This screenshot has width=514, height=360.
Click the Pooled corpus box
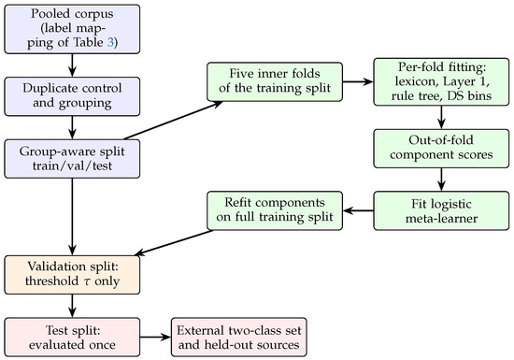pos(72,29)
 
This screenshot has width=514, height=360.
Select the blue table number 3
pos(110,43)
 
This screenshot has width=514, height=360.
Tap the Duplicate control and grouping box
pos(72,96)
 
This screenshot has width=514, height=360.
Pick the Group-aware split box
pos(72,159)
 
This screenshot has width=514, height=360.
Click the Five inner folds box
pos(275,81)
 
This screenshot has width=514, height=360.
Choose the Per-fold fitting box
pos(441,81)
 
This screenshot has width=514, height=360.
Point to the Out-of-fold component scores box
pos(441,149)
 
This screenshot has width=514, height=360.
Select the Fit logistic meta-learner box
pos(441,210)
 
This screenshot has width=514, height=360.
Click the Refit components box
pos(275,210)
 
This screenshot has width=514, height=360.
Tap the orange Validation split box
pos(72,275)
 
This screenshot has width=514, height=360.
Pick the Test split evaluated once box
pos(72,337)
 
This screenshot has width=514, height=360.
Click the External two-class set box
pos(239,337)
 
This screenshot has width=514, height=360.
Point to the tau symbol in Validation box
pos(87,282)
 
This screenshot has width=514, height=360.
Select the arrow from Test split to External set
pos(155,337)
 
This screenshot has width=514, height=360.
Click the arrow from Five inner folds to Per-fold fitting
pos(358,81)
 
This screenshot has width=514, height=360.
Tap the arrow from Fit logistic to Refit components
pos(358,210)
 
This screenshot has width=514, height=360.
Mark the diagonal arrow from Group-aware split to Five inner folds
pos(174,121)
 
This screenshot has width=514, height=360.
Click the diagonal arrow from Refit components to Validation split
pos(174,243)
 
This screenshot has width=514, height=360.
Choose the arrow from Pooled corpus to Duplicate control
pos(72,65)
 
